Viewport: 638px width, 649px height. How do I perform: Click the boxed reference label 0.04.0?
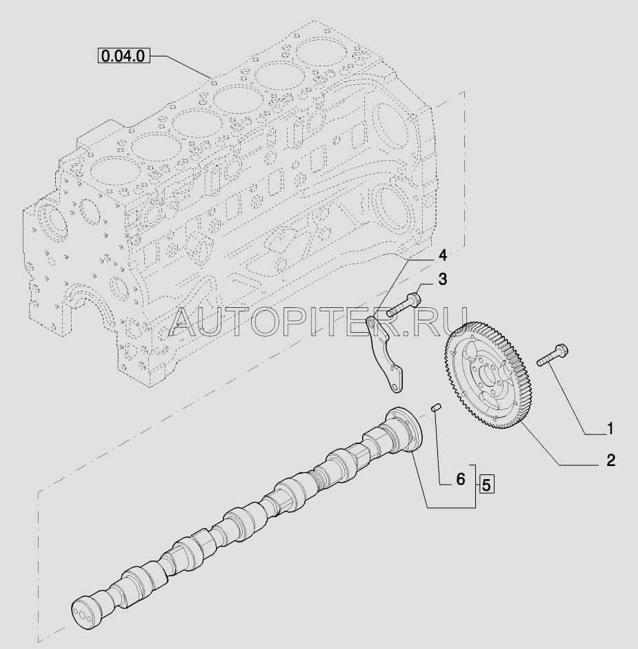124,56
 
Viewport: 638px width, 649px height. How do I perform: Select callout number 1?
610,429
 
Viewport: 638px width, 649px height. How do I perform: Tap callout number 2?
610,461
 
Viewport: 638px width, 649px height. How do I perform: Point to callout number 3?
442,280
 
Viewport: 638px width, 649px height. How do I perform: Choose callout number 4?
442,256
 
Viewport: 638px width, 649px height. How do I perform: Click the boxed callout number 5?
486,484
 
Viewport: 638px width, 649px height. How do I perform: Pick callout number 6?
460,479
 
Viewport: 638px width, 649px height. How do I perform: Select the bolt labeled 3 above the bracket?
403,305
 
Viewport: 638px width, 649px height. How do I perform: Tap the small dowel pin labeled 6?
437,407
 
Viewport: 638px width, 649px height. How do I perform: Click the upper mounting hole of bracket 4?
371,321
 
